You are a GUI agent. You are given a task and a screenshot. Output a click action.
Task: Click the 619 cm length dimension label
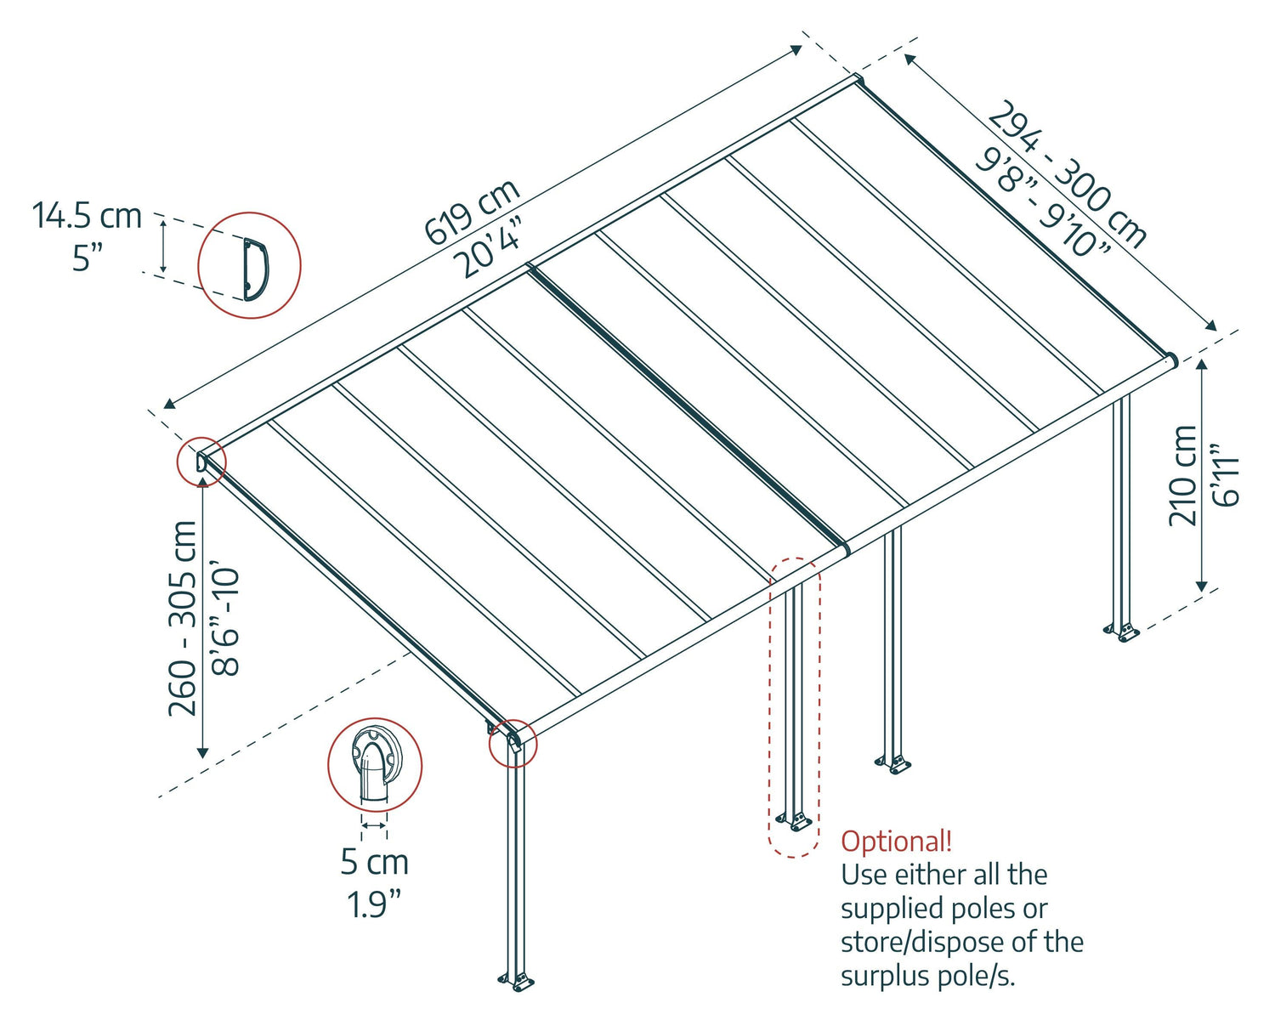pos(472,212)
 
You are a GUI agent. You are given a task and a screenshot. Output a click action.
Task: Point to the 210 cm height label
pos(1182,475)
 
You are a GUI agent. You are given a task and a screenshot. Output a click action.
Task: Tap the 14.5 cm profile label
pos(87,216)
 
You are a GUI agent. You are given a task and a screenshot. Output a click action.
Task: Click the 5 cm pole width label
pos(374,862)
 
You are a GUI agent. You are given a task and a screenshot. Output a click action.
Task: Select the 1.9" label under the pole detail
pos(374,904)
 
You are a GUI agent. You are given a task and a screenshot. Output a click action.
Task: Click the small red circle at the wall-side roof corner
pos(201,462)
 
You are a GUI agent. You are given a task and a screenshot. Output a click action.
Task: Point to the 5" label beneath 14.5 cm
pos(87,257)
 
